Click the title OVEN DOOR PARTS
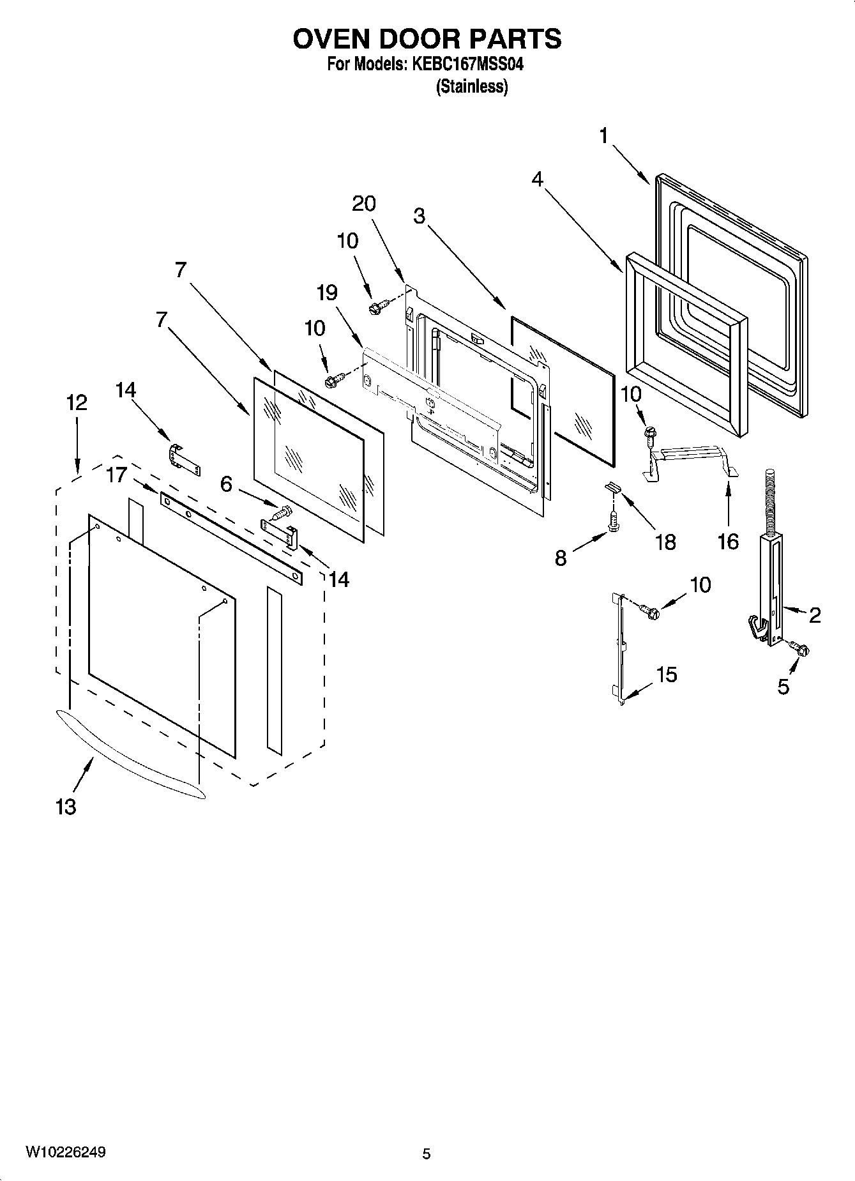coord(427,39)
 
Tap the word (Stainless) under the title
coord(471,87)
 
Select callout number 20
coord(364,204)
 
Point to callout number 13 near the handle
coord(66,807)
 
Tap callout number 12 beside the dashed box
coord(77,402)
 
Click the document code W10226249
coord(66,1152)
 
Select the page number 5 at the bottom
coord(427,1154)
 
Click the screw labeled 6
coord(283,512)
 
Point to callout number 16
coord(728,542)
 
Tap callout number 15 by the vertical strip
coord(667,674)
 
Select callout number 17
coord(117,475)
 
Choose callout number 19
coord(327,293)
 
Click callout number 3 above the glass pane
coord(419,216)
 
